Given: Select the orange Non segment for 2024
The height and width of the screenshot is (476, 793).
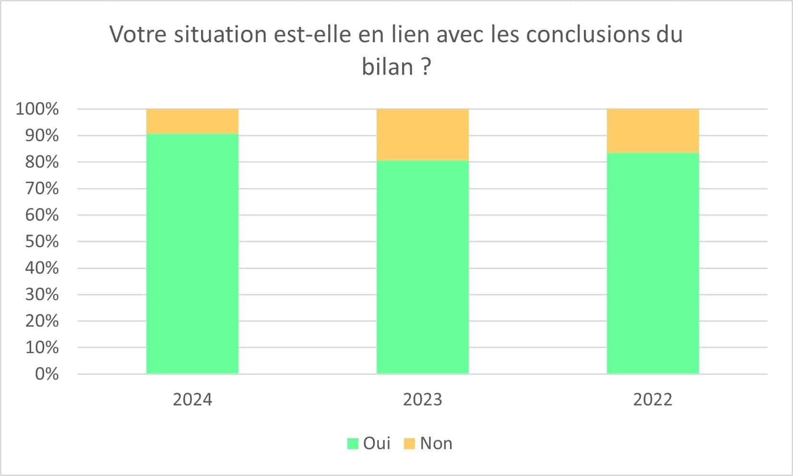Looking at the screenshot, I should coord(192,121).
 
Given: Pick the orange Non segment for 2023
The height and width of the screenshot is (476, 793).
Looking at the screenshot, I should coord(422,135).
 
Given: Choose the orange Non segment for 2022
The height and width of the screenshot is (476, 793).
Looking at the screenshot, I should coord(652,131).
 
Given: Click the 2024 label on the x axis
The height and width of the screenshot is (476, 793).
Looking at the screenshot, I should coord(192,399).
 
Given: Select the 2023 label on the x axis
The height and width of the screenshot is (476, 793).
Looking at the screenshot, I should coord(422,399).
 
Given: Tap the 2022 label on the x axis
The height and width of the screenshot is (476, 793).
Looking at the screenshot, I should coord(652,399).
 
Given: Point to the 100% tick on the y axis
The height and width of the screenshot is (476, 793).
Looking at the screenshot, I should coord(37,109).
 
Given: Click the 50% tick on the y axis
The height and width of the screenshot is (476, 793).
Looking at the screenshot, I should coord(42,241).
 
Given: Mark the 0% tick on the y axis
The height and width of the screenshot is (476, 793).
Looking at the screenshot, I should coord(47,374).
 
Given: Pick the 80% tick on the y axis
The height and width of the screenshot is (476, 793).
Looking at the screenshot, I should coord(42,162).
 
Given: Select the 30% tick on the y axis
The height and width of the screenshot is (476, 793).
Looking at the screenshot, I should coord(42,294).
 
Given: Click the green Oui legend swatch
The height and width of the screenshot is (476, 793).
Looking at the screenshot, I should coord(353,443).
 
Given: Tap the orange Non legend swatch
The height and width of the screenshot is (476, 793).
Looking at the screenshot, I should coord(409,443).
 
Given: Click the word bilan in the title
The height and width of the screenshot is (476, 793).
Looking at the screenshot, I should coord(387,67).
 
